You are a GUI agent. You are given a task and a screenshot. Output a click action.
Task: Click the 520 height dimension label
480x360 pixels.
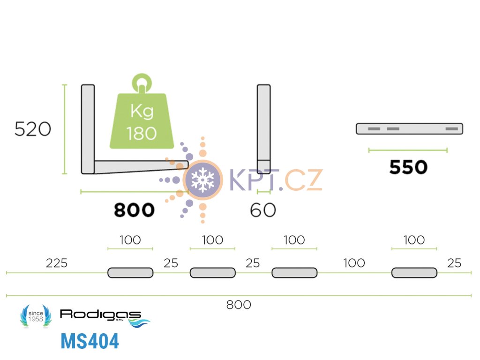click(32, 129)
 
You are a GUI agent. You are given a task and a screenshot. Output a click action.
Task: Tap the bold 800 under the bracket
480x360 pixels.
click(134, 210)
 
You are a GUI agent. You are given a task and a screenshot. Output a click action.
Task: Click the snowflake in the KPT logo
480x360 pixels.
click(202, 179)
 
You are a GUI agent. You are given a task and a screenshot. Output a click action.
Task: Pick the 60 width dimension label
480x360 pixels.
click(263, 210)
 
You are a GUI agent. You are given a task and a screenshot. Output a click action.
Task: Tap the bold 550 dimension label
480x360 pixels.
click(408, 167)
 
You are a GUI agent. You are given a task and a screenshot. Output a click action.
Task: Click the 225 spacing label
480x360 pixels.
click(56, 263)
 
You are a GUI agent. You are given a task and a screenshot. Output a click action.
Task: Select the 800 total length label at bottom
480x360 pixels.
click(239, 305)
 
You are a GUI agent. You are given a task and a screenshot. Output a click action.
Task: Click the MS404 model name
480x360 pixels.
click(90, 342)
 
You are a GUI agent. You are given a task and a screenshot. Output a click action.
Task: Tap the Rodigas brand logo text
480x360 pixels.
click(100, 314)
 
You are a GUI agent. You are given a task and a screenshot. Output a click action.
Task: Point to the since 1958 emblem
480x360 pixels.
click(36, 316)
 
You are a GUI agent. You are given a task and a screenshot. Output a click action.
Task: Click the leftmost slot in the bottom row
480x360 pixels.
click(130, 272)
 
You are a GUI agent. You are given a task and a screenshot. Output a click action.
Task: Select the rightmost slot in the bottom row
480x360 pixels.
click(414, 272)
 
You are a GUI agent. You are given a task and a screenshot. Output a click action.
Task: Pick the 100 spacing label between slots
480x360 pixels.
click(354, 263)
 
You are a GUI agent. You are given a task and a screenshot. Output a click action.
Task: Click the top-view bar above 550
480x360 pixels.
click(409, 128)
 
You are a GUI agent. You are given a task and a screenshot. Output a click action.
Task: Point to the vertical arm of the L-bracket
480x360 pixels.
click(88, 124)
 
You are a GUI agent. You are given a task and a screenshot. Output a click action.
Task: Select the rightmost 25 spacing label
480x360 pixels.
click(454, 263)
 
